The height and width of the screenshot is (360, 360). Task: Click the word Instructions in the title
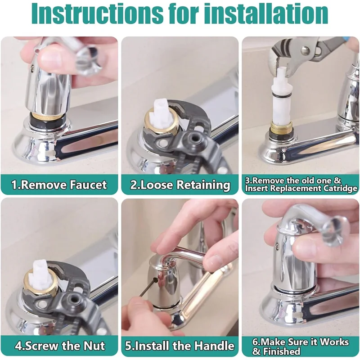pyautogui.click(x=98, y=14)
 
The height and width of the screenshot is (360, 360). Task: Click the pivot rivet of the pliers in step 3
pyautogui.click(x=305, y=50)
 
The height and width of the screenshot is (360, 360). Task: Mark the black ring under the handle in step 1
pyautogui.click(x=48, y=120)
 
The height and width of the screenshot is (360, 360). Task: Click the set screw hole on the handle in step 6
pyautogui.click(x=277, y=246)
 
